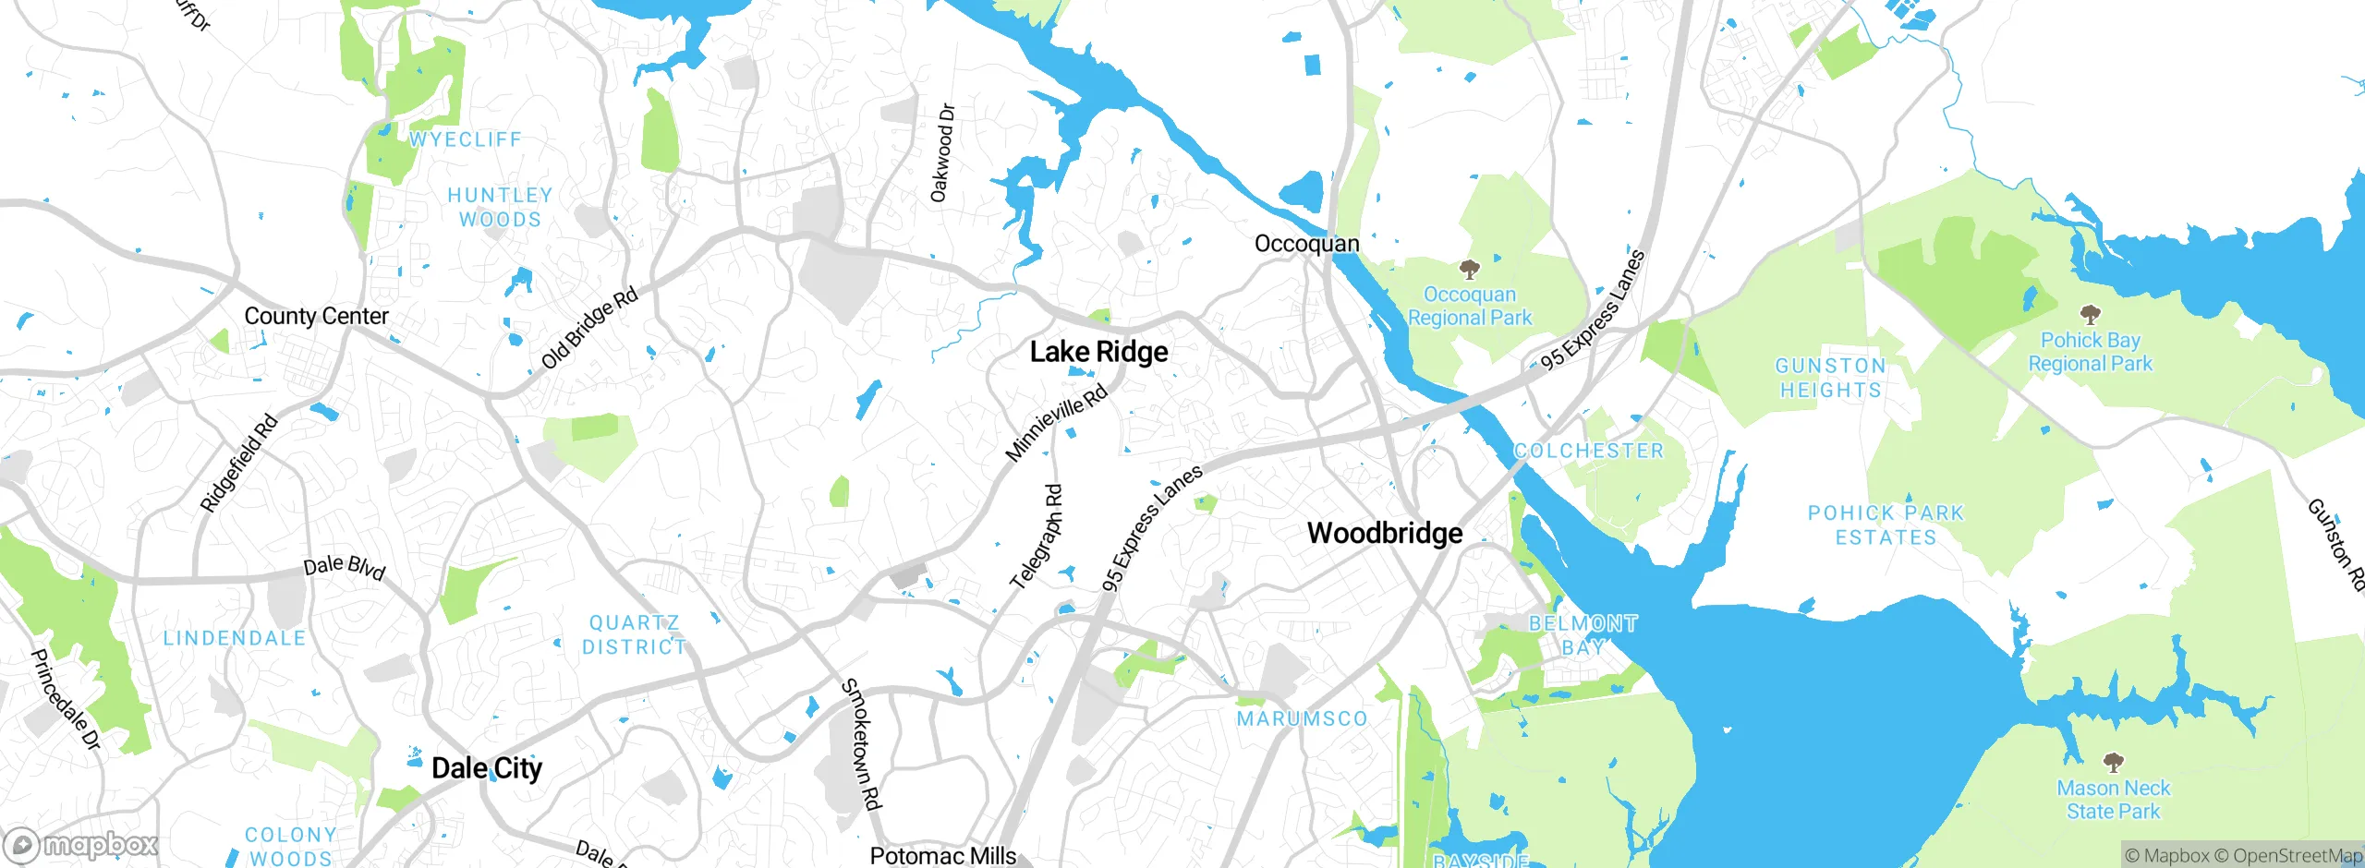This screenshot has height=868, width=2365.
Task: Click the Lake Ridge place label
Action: click(1098, 352)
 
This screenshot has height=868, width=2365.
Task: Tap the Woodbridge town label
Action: click(1385, 533)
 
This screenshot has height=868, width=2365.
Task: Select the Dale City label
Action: click(487, 768)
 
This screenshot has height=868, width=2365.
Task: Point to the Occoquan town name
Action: click(1306, 244)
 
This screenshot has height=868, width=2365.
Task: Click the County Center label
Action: click(316, 316)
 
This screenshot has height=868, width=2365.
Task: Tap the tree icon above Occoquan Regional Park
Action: click(1469, 270)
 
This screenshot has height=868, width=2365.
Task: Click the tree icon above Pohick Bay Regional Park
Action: click(2090, 315)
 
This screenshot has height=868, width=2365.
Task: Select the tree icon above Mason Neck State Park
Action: click(2113, 763)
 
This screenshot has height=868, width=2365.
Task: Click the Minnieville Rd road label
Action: click(1056, 424)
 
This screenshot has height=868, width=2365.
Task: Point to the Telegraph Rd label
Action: click(1037, 538)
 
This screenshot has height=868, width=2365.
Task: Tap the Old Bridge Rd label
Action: click(589, 328)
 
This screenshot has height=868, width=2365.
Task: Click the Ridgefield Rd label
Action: click(238, 464)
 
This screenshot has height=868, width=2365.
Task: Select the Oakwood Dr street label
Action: click(942, 153)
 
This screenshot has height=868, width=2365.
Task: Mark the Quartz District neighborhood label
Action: click(635, 635)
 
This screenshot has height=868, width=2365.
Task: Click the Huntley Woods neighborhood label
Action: click(500, 208)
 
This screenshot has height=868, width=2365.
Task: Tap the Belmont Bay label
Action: click(1583, 635)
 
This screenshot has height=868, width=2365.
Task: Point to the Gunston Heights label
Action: click(1831, 378)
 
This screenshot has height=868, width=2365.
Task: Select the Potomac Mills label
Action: click(942, 856)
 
